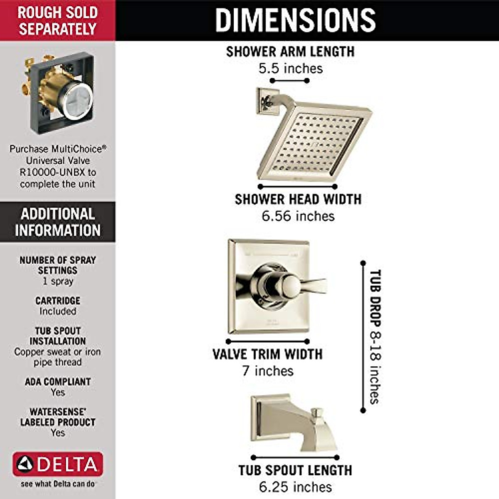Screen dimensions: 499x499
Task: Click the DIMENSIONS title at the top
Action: (295, 20)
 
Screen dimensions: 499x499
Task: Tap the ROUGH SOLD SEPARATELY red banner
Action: (57, 20)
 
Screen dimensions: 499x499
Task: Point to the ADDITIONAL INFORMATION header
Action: (57, 222)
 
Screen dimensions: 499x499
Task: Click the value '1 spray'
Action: (58, 282)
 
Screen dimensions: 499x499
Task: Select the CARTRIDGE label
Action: (58, 300)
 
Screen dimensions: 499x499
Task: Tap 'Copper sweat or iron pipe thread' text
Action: (57, 357)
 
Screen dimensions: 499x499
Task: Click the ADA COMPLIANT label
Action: (58, 381)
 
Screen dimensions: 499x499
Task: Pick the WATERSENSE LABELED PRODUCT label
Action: (58, 417)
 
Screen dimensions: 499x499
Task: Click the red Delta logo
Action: (58, 464)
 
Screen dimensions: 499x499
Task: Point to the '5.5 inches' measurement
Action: (291, 69)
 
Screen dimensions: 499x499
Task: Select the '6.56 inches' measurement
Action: (298, 216)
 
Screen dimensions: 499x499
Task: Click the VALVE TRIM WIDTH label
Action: (267, 354)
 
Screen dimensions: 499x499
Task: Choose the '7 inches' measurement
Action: (268, 371)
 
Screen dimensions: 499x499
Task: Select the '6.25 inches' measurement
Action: (295, 487)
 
